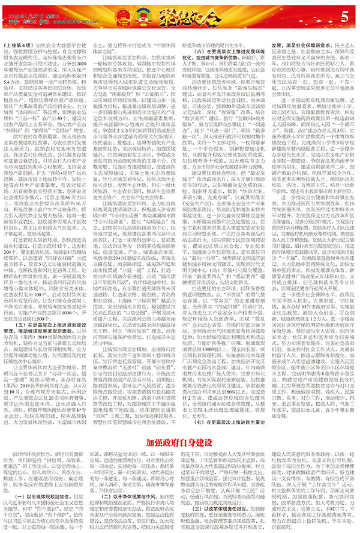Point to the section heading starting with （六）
coord(222,32)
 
